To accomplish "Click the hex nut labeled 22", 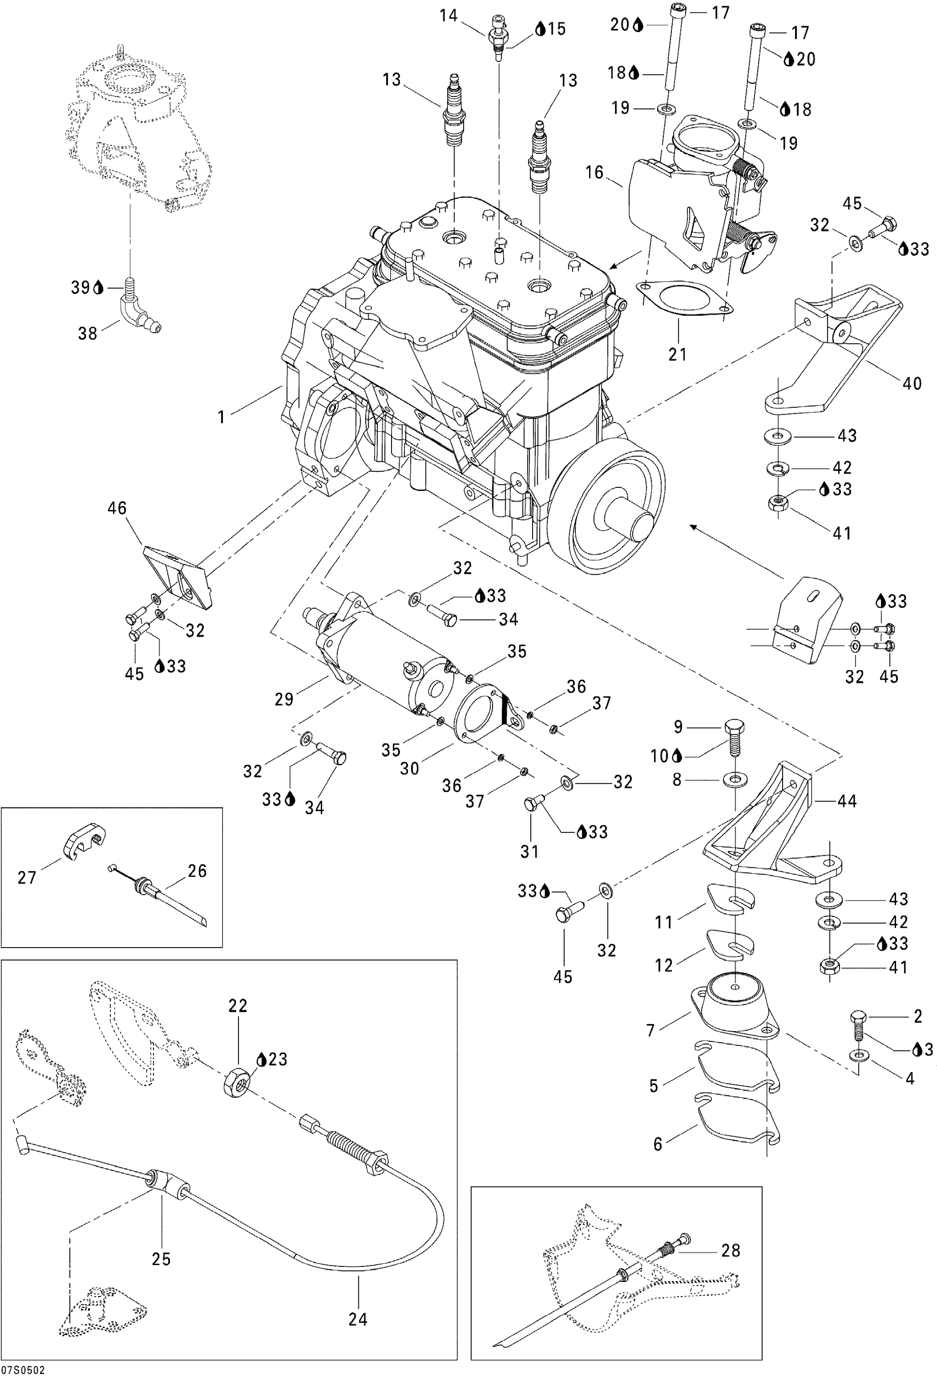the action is [238, 1084].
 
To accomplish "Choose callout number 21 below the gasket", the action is [677, 354].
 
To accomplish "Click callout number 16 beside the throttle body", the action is [594, 173].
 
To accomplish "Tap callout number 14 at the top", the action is [449, 16].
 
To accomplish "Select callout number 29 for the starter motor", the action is [284, 699].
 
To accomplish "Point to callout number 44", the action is [847, 801].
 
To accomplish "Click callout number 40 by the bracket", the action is [912, 383].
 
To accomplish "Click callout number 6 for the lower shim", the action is [658, 1143].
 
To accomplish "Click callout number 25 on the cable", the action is [161, 1259].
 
